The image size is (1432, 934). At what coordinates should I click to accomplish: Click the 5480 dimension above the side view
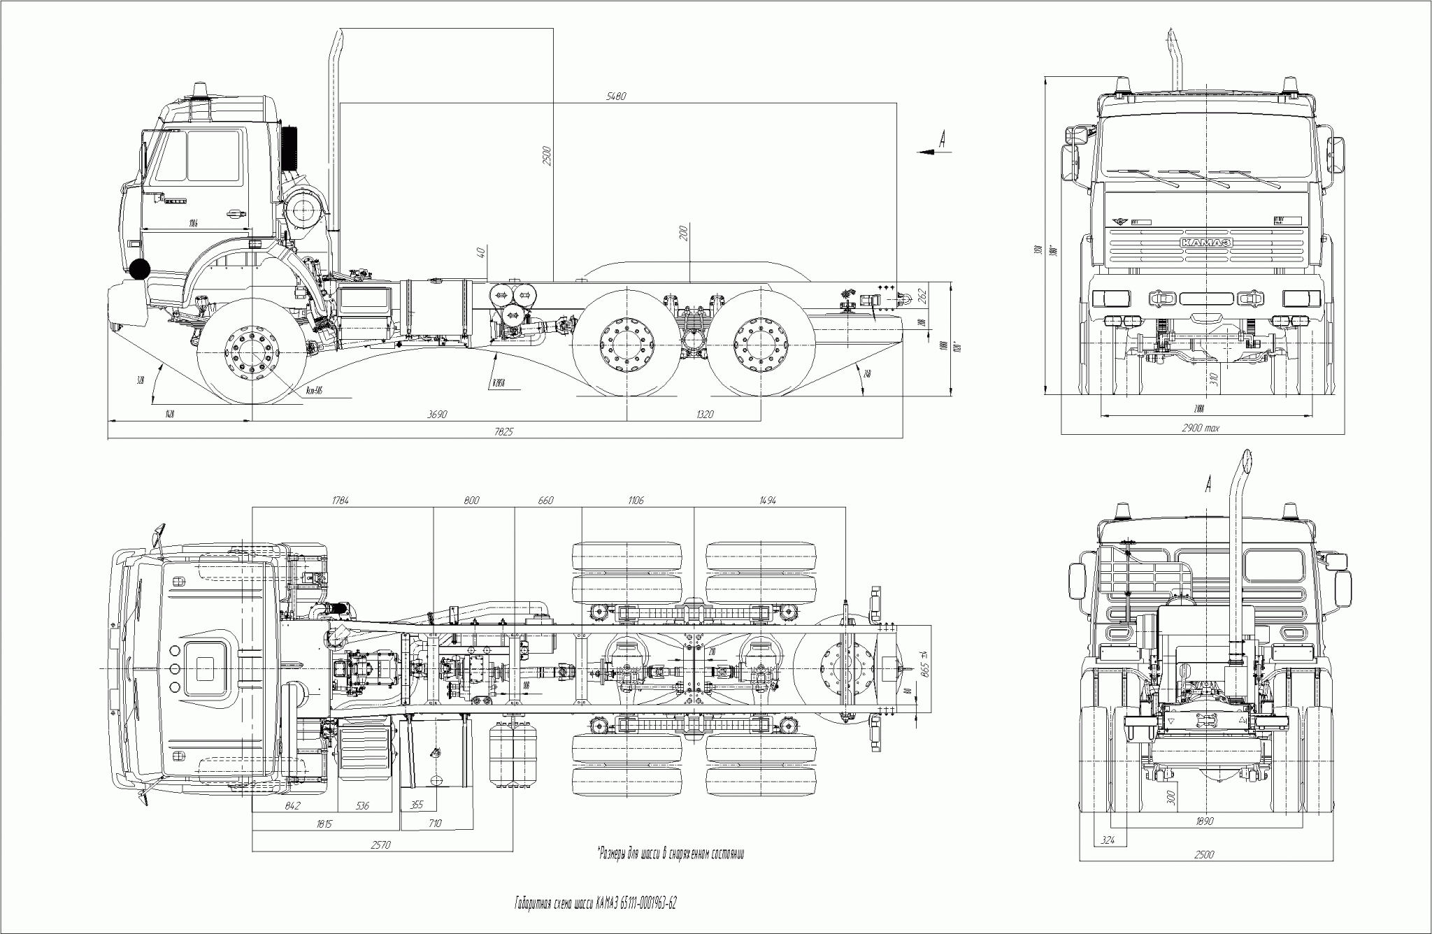(616, 96)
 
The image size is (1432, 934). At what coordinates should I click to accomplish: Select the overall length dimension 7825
(503, 432)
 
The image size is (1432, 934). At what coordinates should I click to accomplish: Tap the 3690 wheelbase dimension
(437, 415)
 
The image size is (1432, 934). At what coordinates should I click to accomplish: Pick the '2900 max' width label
(1200, 428)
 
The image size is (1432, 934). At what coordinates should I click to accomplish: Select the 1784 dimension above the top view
(341, 501)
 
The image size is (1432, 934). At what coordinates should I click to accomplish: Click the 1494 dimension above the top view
(768, 501)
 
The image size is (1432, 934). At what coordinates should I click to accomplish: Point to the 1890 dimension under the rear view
(1203, 821)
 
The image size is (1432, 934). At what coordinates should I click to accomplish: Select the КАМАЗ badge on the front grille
(1206, 242)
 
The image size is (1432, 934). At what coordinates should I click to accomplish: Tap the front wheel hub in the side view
(251, 352)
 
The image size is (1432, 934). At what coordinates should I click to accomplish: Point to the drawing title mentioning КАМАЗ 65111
(595, 903)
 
